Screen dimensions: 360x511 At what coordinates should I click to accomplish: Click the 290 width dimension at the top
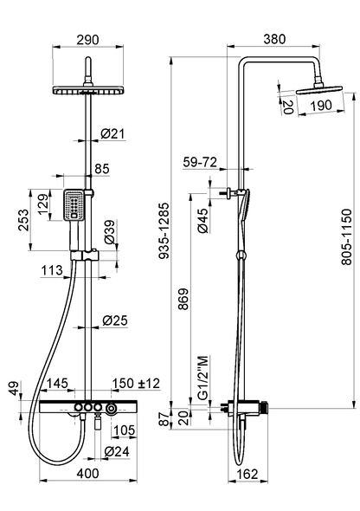tap(87, 40)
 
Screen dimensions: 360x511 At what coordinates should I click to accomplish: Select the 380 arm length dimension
tap(274, 39)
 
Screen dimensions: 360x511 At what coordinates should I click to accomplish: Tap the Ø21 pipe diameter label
tap(112, 133)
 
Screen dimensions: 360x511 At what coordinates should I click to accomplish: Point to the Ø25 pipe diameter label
tap(115, 320)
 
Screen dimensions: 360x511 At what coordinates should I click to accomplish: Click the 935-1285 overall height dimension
tap(164, 230)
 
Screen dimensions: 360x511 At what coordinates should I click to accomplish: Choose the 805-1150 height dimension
tap(347, 237)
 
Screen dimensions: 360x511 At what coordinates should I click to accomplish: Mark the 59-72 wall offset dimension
tap(200, 162)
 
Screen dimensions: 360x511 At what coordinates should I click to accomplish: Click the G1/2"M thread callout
tap(202, 378)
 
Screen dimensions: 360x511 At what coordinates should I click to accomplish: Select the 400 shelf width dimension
tap(88, 473)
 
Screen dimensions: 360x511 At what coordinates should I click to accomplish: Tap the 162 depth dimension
tap(247, 474)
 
